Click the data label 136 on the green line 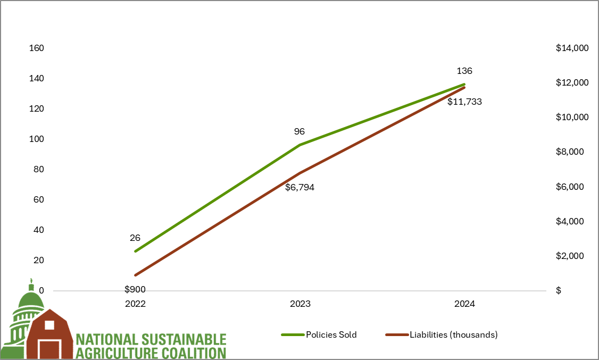pyautogui.click(x=464, y=71)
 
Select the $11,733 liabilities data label pyautogui.click(x=464, y=102)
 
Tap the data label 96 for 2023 pyautogui.click(x=299, y=131)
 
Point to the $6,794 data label pyautogui.click(x=299, y=187)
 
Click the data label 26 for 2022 pyautogui.click(x=135, y=238)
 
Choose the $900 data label pyautogui.click(x=135, y=290)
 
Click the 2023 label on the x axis pyautogui.click(x=300, y=305)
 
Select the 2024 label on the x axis pyautogui.click(x=464, y=305)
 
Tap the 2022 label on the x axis pyautogui.click(x=135, y=305)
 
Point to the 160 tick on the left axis pyautogui.click(x=36, y=48)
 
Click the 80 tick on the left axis pyautogui.click(x=38, y=170)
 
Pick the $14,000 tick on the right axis pyautogui.click(x=572, y=48)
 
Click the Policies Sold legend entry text pyautogui.click(x=331, y=335)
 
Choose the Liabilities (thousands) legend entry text pyautogui.click(x=453, y=335)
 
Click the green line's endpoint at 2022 pyautogui.click(x=136, y=252)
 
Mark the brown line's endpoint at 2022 pyautogui.click(x=136, y=275)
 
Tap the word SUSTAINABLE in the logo pyautogui.click(x=182, y=339)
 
